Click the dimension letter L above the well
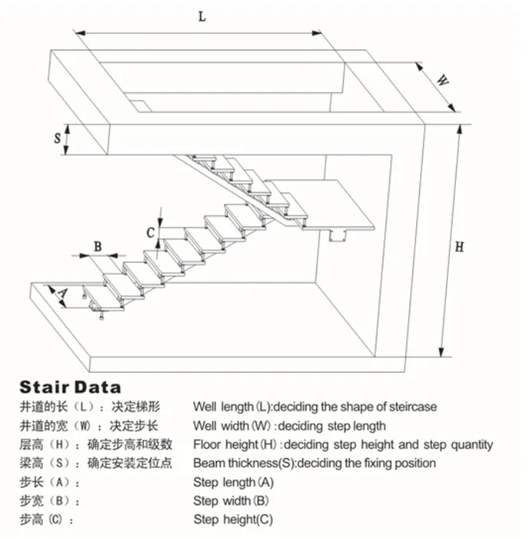[202, 17]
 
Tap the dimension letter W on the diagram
[441, 79]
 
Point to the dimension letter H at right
[459, 247]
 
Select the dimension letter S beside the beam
[57, 139]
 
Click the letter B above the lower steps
[98, 246]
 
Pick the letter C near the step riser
[151, 231]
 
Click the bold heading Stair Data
[70, 387]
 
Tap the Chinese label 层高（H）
[47, 444]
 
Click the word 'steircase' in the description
[412, 407]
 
